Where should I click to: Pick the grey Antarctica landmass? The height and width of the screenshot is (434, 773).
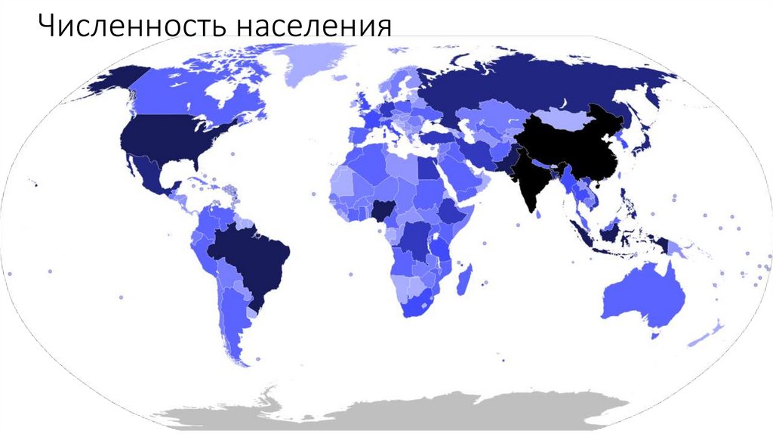(x=393, y=412)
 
